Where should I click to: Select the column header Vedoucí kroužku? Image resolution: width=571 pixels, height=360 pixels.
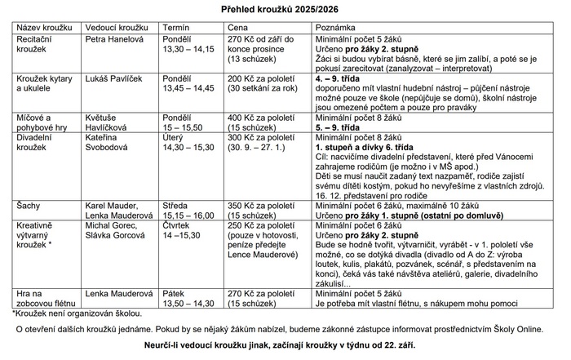coord(117,27)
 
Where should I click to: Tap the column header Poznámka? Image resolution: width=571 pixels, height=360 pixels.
coord(336,27)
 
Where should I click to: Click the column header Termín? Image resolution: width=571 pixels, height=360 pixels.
coord(177,27)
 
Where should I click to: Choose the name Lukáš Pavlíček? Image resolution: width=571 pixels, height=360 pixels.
coord(114,78)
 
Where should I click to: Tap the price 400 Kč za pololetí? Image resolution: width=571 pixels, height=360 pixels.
coord(257,118)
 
